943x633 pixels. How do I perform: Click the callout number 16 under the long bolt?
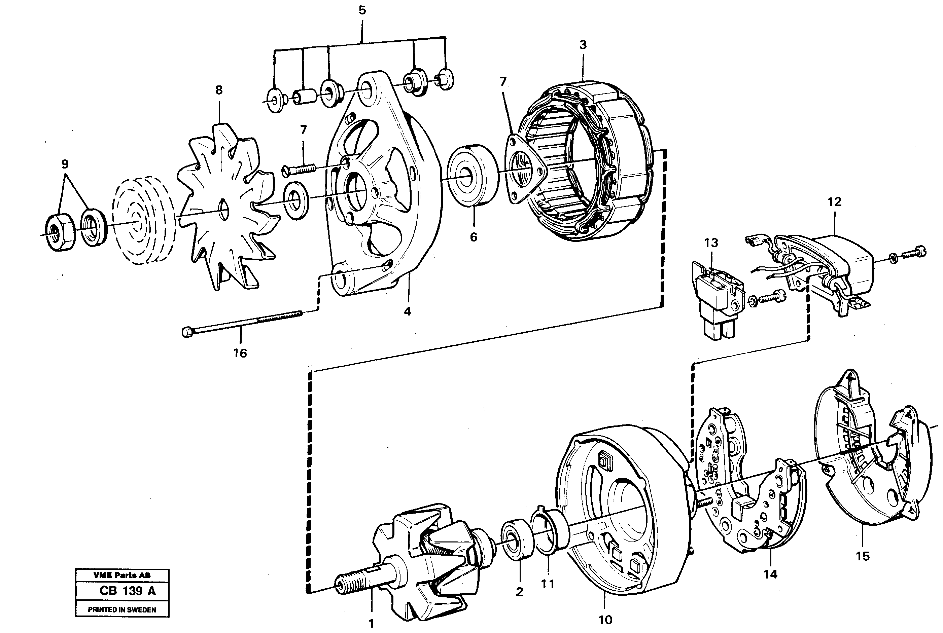point(240,353)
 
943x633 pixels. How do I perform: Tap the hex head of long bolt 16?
point(187,332)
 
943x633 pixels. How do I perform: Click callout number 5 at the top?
point(362,10)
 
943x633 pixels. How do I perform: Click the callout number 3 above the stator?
point(583,45)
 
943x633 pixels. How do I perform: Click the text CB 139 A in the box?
point(127,591)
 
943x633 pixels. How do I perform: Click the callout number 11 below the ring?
point(548,584)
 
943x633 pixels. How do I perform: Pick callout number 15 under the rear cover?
point(862,556)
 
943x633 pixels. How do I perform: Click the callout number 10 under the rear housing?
point(605,620)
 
